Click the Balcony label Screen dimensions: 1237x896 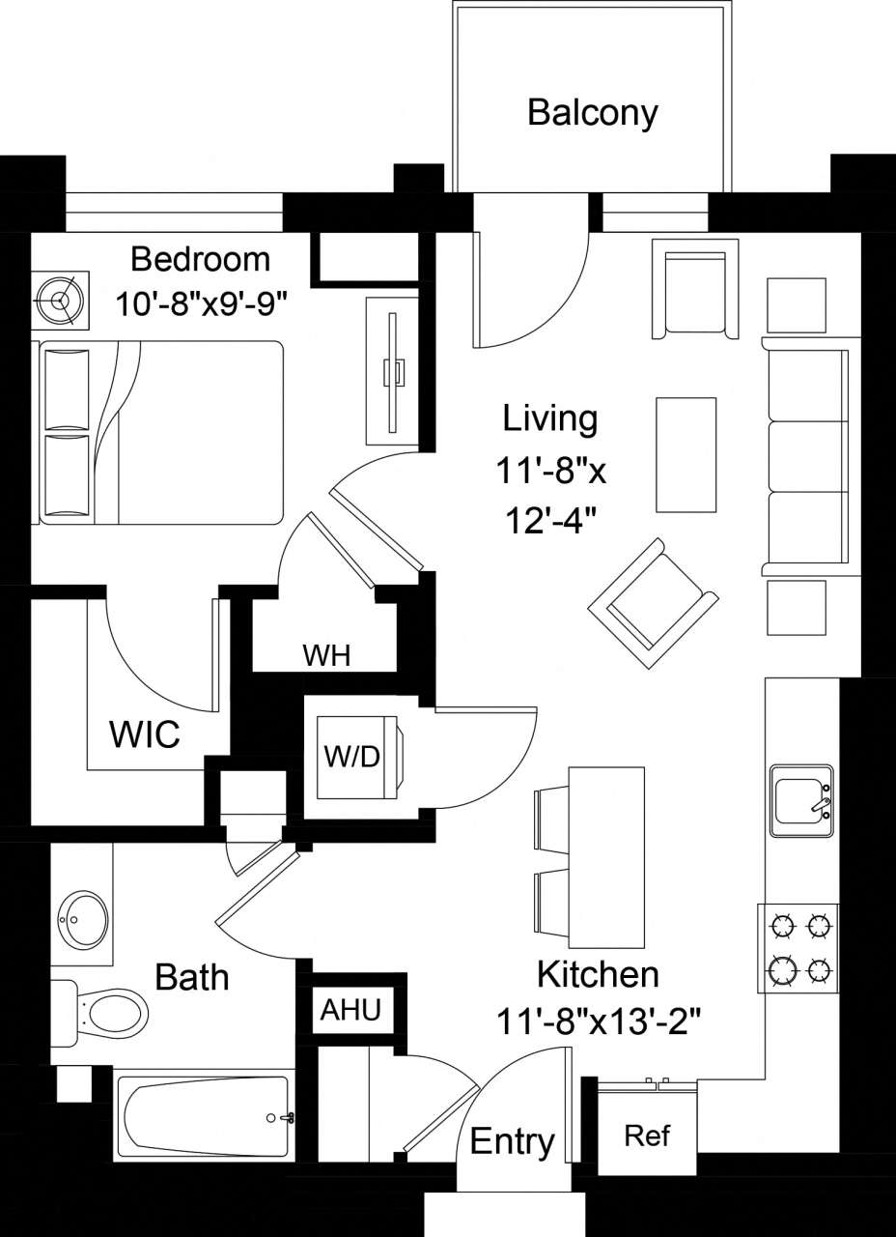[x=592, y=113]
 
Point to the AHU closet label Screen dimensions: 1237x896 [x=351, y=1010]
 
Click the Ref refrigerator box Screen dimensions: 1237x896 [x=646, y=1135]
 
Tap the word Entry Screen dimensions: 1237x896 [x=512, y=1142]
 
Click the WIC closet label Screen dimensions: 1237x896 [x=144, y=734]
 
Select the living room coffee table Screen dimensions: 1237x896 [x=686, y=453]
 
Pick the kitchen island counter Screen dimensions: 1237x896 [x=606, y=857]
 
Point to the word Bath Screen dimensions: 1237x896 [x=192, y=977]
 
